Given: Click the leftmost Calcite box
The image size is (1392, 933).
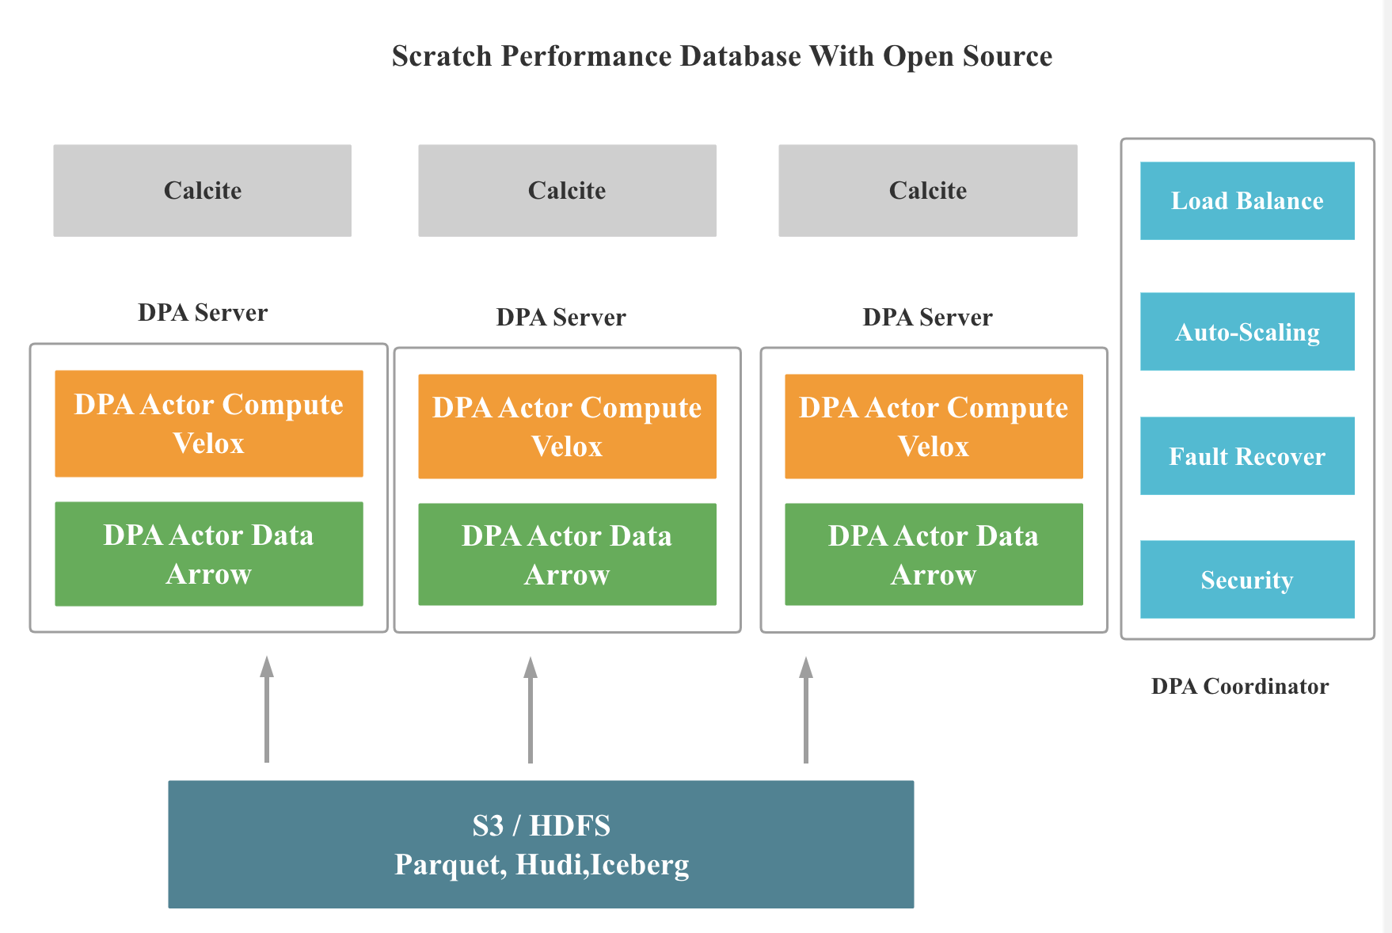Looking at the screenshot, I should [x=202, y=190].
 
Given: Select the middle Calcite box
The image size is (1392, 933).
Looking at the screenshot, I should [x=567, y=190].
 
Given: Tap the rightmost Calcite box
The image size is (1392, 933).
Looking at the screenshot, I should [x=927, y=190].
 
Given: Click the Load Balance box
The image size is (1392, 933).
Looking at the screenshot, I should [x=1247, y=200].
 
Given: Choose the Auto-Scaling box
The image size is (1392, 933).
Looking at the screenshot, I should [x=1247, y=331].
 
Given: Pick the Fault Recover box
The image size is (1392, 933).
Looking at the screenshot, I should [x=1247, y=455].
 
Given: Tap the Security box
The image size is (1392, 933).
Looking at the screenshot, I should [x=1247, y=579].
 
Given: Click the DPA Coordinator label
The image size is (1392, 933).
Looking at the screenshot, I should [x=1239, y=686].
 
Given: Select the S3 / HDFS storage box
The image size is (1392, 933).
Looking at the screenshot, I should [x=541, y=844].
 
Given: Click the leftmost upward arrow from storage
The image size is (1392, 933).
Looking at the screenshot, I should [x=267, y=709].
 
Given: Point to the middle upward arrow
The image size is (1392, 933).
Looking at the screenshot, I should [x=531, y=709].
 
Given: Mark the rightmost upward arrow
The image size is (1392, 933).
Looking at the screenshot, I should [x=806, y=709].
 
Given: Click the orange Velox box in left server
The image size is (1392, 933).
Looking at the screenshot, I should [x=209, y=424].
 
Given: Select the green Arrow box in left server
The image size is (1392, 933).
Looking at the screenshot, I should [x=209, y=554].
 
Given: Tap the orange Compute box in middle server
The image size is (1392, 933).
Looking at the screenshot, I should [x=567, y=426].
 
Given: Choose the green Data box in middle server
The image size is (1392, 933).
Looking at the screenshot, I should [x=567, y=554].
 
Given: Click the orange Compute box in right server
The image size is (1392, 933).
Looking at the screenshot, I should [x=934, y=426].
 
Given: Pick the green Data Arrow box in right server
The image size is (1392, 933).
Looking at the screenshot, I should [x=934, y=554].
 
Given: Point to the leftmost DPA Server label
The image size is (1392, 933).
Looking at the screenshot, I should [x=203, y=312].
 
